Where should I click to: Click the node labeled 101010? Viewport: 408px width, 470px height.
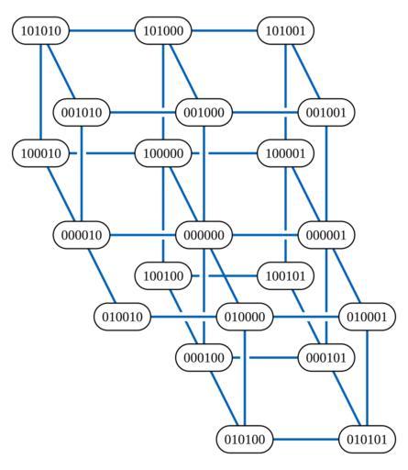[x=41, y=31]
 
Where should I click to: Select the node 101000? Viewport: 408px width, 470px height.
[x=163, y=31]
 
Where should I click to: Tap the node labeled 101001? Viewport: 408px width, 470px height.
[x=285, y=31]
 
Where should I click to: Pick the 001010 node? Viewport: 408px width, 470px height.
[x=82, y=113]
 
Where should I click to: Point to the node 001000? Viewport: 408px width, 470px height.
[x=204, y=113]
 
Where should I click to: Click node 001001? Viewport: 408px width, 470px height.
[x=326, y=113]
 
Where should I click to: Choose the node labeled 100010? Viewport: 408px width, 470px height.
[x=41, y=153]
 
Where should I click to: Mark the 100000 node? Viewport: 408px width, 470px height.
[x=163, y=153]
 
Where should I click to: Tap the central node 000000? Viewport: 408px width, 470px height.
[x=204, y=235]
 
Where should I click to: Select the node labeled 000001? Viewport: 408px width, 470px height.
[x=326, y=235]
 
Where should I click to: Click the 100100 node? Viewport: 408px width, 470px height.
[x=163, y=276]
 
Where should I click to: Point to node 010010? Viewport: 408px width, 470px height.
[x=122, y=317]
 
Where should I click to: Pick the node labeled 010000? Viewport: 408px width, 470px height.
[x=245, y=317]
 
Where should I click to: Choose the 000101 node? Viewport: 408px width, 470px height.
[x=326, y=357]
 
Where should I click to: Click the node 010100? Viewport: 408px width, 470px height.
[x=245, y=440]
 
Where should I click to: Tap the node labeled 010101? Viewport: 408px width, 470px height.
[x=367, y=440]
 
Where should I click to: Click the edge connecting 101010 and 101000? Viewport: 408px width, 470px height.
[x=102, y=31]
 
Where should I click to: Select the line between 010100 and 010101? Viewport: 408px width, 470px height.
[x=306, y=440]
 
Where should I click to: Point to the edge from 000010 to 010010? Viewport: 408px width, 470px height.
[x=102, y=275]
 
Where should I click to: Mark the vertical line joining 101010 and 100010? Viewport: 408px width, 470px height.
[x=40, y=92]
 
